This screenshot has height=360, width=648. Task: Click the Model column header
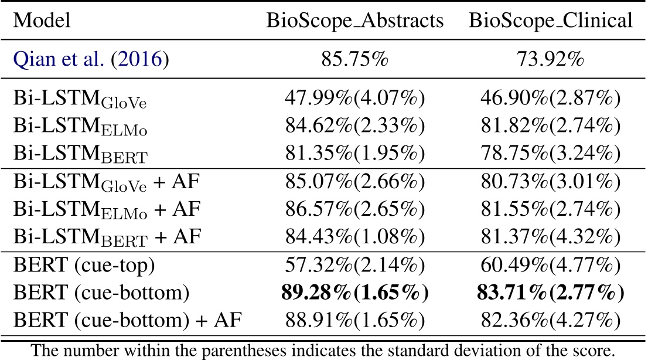pos(42,22)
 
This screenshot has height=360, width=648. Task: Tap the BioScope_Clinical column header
pos(550,22)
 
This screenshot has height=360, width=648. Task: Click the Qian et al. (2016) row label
pos(91,60)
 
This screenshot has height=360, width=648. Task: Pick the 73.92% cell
pos(550,60)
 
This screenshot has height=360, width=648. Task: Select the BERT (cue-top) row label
pos(84,267)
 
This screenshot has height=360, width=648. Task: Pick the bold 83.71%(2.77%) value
pos(550,293)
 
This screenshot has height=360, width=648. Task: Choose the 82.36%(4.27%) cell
pos(550,320)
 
